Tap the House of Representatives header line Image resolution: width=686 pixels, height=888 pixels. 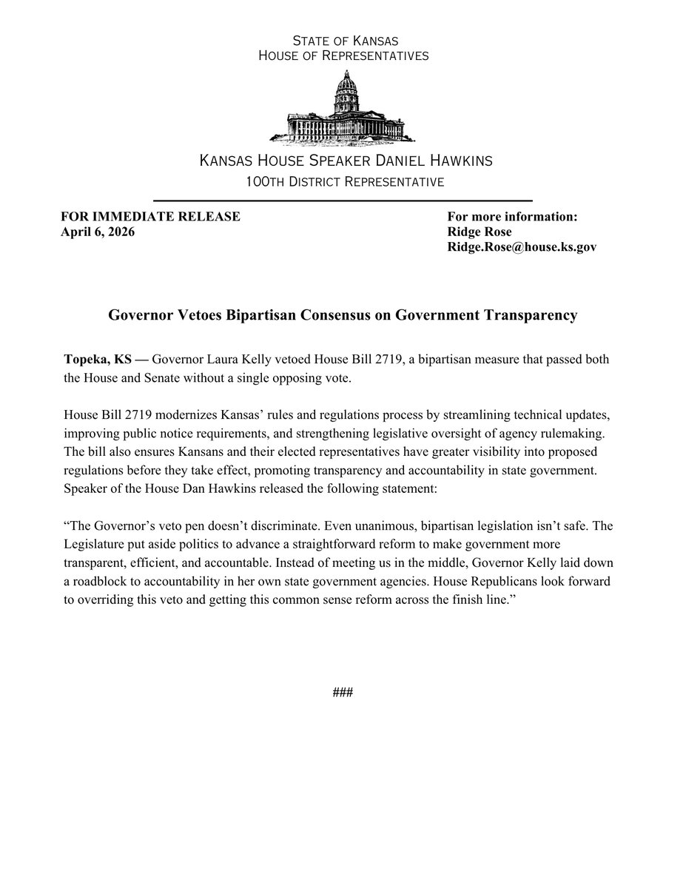(x=343, y=55)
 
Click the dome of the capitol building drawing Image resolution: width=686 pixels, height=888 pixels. (x=345, y=85)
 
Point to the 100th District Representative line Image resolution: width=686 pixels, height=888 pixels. (x=345, y=182)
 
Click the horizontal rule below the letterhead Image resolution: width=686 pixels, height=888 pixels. (x=343, y=201)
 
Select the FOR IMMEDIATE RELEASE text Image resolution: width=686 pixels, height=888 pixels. (x=150, y=217)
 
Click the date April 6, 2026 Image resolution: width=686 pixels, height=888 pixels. (x=98, y=232)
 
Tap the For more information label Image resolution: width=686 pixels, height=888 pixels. (x=512, y=217)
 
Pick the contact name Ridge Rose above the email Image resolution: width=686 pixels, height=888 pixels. (x=479, y=232)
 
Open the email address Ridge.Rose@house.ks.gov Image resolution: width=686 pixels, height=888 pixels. (x=522, y=247)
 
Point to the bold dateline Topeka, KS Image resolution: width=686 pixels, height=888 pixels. (x=98, y=360)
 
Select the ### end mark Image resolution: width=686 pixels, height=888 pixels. (x=343, y=693)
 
